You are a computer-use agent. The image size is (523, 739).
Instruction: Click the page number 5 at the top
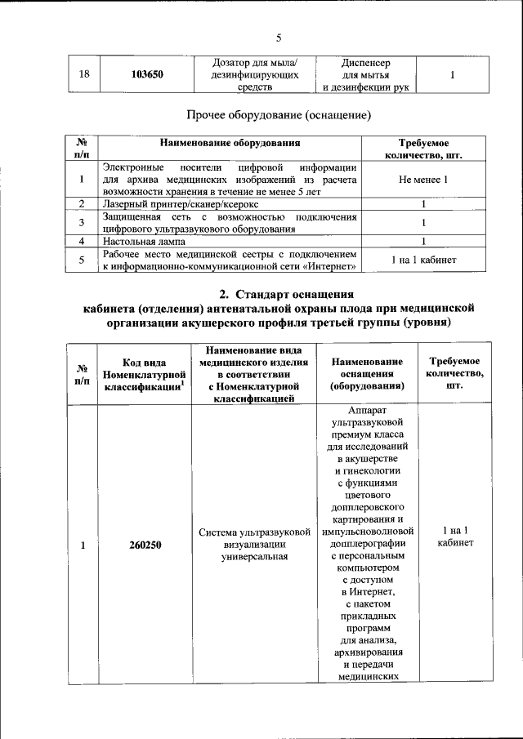(278, 38)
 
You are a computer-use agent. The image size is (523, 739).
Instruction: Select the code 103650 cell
(147, 74)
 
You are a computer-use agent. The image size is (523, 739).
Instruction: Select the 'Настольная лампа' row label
(144, 242)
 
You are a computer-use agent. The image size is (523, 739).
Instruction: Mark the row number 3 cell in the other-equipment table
(82, 222)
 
